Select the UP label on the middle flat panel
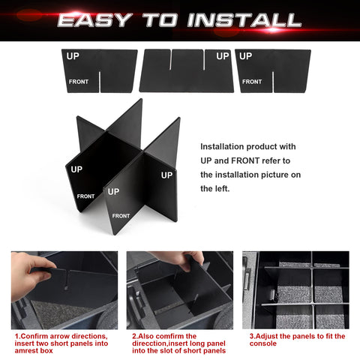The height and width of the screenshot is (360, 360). tap(222, 56)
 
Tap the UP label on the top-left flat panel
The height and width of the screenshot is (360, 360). tap(73, 56)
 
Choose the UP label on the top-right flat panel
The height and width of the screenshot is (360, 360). tap(245, 56)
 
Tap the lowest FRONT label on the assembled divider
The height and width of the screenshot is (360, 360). tap(120, 216)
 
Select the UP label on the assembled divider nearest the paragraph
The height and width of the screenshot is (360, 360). tap(166, 174)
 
